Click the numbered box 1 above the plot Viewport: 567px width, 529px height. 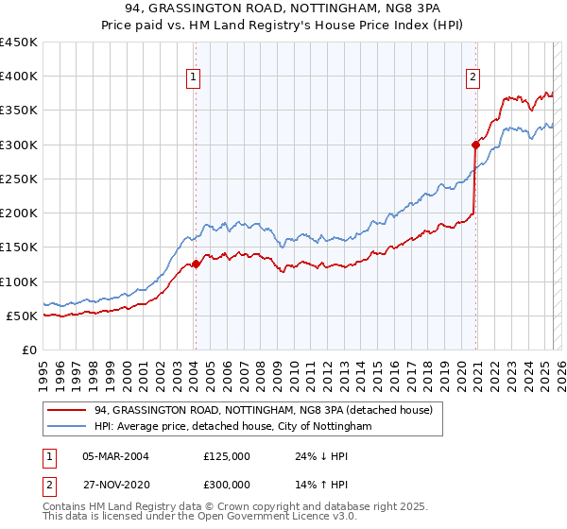click(x=194, y=78)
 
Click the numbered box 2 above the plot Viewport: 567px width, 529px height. click(x=472, y=78)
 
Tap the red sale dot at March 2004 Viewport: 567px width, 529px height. click(x=196, y=264)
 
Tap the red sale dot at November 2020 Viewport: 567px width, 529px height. click(x=475, y=145)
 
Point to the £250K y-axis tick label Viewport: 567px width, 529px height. click(x=19, y=179)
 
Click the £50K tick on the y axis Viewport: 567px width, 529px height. click(x=23, y=316)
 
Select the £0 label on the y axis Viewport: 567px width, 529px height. click(x=30, y=350)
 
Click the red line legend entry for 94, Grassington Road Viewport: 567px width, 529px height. click(x=263, y=411)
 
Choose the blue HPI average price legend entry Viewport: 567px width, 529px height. click(x=233, y=427)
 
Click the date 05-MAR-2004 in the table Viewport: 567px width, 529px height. click(x=115, y=456)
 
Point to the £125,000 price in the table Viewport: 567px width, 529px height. click(x=227, y=456)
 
